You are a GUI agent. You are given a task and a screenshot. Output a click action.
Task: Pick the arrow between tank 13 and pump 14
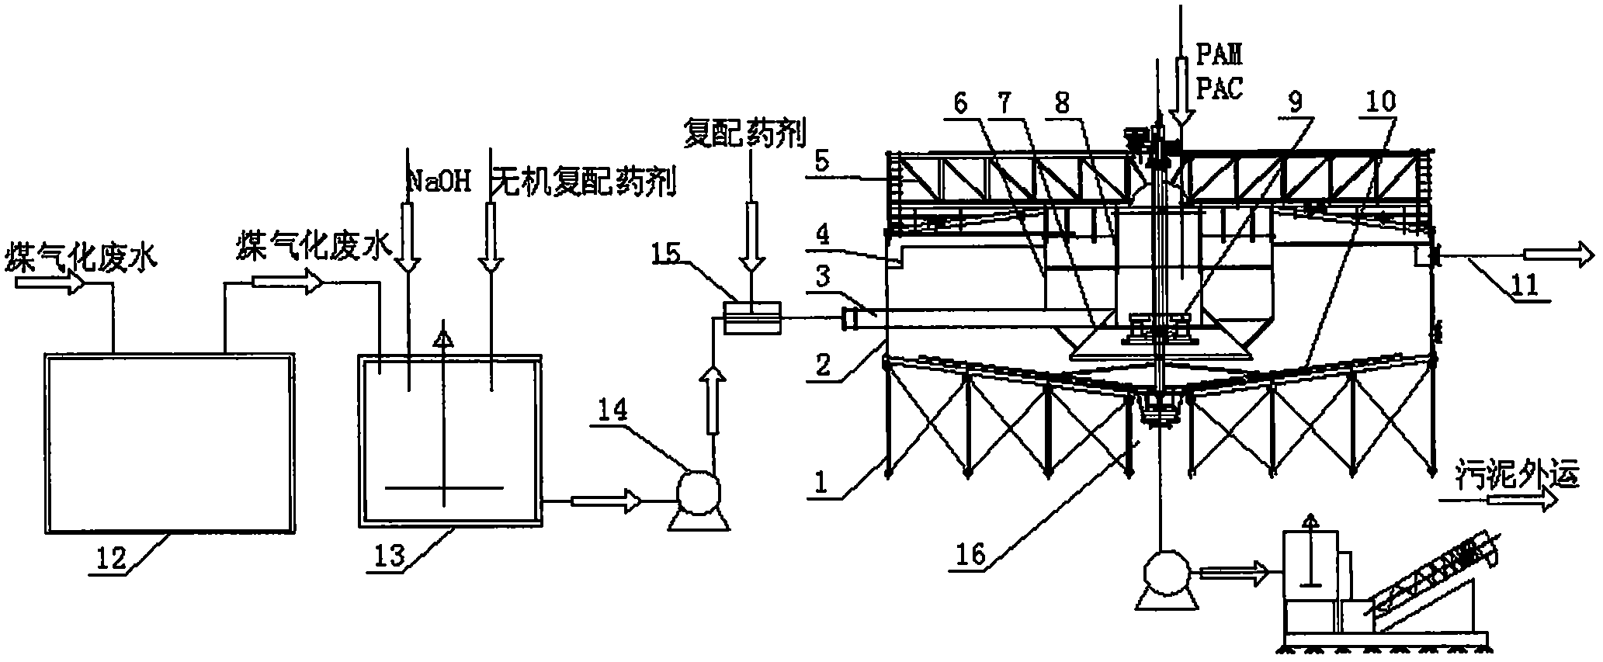point(605,501)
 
